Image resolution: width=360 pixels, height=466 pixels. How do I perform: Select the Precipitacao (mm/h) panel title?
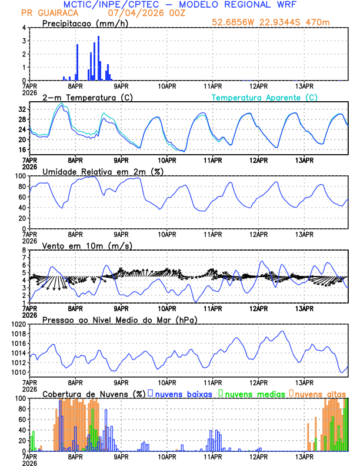[85, 23]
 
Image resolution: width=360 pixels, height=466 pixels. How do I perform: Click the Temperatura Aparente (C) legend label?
[265, 97]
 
